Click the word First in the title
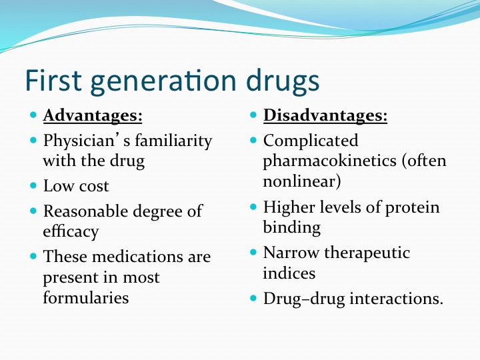coord(53,80)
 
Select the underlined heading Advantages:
coord(93,116)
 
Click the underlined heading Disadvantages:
coord(325,116)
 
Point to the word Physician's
coord(87,141)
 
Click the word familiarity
coord(173,141)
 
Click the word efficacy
coord(71,232)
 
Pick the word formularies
coord(86,297)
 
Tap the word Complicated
coord(311,141)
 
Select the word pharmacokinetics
coord(330,161)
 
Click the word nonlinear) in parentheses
coord(302,181)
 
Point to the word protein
coord(412,208)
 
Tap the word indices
coord(289,273)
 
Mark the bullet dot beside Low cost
coord(33,185)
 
